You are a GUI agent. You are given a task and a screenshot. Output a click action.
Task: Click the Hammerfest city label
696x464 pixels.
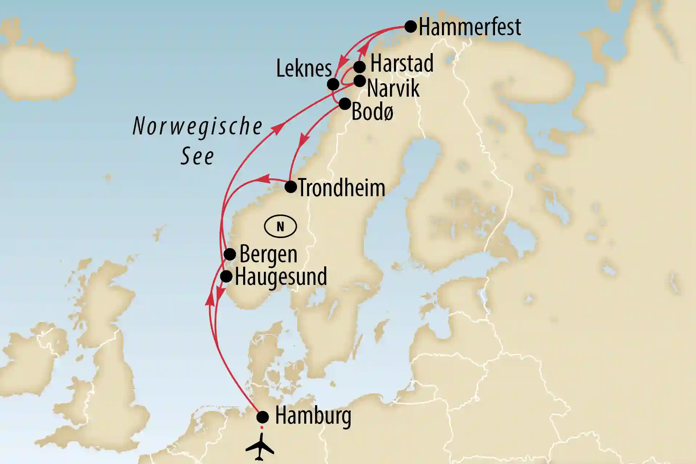(470, 27)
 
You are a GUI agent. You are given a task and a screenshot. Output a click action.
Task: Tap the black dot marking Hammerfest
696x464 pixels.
(411, 27)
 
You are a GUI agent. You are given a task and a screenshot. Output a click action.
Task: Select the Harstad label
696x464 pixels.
(402, 64)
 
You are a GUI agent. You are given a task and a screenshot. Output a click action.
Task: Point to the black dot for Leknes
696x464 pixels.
(333, 84)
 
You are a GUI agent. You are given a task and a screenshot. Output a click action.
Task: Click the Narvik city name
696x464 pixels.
(393, 89)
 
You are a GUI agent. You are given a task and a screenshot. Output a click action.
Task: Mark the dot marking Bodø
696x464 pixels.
(345, 104)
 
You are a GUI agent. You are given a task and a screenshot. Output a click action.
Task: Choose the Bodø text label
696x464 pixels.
(373, 112)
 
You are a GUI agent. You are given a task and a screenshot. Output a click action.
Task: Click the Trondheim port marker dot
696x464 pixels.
(290, 187)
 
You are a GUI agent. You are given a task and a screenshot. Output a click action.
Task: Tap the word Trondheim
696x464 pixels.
(341, 188)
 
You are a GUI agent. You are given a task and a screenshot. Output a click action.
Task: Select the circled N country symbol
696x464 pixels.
(280, 226)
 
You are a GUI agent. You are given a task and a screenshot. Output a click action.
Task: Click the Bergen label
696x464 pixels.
(268, 254)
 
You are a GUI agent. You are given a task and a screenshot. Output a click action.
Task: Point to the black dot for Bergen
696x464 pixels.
(230, 254)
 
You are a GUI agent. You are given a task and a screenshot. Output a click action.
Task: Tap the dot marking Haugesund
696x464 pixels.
(226, 277)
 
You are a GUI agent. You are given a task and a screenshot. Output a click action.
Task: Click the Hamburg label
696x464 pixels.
(313, 416)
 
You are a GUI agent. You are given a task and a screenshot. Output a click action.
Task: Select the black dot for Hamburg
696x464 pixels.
(262, 417)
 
